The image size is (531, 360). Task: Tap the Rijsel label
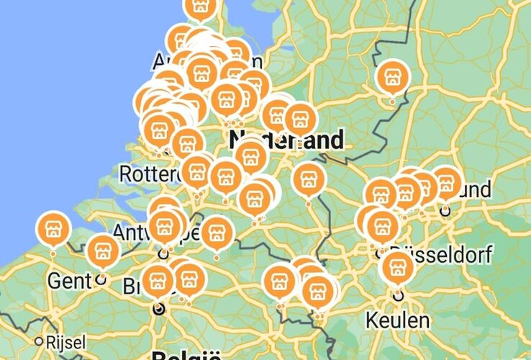(x=65, y=341)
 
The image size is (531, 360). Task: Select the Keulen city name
(x=398, y=319)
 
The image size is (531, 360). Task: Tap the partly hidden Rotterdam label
(x=149, y=174)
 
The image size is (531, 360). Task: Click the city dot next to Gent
(x=101, y=279)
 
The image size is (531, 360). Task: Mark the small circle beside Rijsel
(x=39, y=341)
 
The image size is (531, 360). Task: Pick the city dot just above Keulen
(x=398, y=294)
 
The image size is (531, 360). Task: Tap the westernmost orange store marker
(x=53, y=230)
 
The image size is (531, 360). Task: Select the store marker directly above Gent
(x=102, y=252)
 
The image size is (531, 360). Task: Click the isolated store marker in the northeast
(x=392, y=78)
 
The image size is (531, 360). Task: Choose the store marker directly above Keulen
(x=398, y=267)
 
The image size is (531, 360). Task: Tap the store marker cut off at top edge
(x=200, y=7)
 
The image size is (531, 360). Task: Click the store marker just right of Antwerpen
(x=217, y=233)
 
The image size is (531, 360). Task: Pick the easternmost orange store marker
(x=445, y=183)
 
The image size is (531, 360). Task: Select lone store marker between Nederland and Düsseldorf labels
(x=309, y=180)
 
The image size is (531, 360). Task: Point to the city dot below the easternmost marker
(x=445, y=210)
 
